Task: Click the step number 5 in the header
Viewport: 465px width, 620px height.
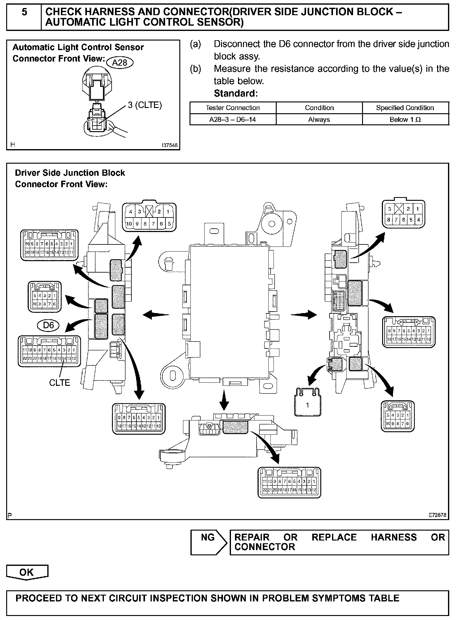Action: (24, 12)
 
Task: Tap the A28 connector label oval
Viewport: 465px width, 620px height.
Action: (120, 63)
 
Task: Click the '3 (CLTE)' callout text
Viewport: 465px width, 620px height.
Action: (145, 105)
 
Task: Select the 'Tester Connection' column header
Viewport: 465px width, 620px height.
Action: (232, 108)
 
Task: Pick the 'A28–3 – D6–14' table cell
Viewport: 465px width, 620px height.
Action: (232, 119)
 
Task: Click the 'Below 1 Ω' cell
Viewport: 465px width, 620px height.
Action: (405, 119)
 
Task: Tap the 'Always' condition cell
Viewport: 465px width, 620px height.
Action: (319, 119)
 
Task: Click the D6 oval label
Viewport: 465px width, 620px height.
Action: (49, 325)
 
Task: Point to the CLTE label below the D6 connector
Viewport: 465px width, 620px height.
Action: (60, 383)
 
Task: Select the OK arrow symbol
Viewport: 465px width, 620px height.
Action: (27, 572)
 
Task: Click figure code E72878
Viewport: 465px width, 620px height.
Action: (437, 515)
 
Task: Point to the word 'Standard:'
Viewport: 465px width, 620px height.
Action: (236, 93)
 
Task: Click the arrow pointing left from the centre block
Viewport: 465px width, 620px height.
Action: (156, 315)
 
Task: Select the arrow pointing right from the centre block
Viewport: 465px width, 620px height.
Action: (304, 315)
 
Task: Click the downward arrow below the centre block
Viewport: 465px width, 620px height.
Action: (224, 400)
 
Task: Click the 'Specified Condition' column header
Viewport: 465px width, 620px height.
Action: (405, 108)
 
